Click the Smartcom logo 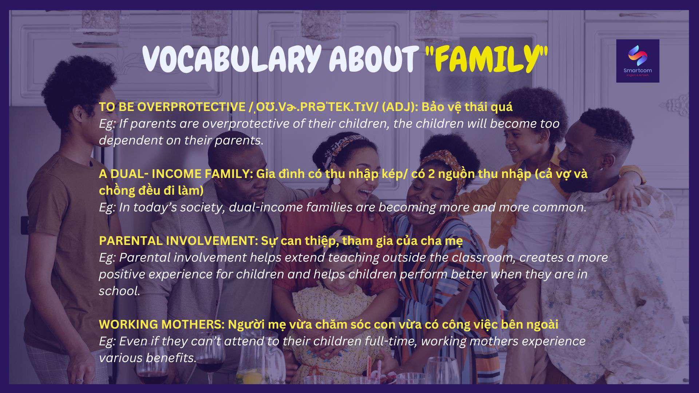tap(637, 61)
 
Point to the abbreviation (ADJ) tap(399, 107)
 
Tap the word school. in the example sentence tap(119, 291)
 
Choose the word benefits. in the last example tap(171, 358)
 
